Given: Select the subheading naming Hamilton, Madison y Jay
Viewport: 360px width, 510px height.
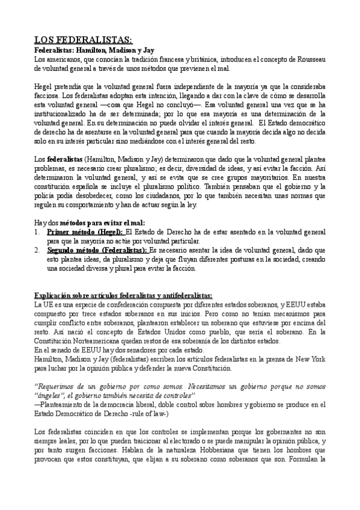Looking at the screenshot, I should click(x=94, y=50).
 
